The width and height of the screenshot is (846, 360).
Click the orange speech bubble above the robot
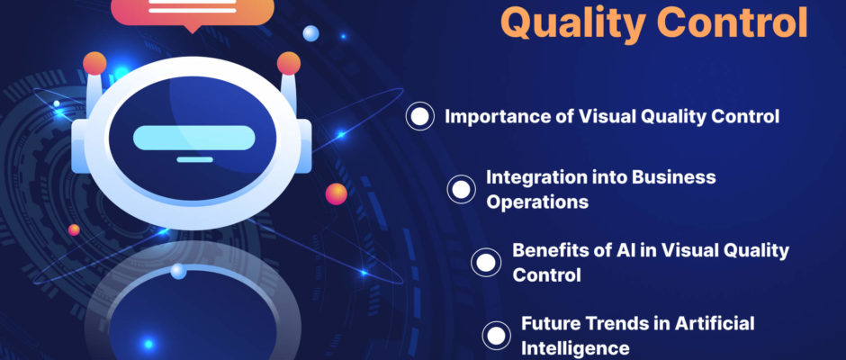click(x=192, y=12)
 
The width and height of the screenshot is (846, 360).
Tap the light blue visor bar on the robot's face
click(x=193, y=138)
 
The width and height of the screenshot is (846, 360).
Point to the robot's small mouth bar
click(x=194, y=159)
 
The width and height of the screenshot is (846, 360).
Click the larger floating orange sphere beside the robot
click(x=336, y=194)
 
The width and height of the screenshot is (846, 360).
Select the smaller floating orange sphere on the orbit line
click(x=74, y=229)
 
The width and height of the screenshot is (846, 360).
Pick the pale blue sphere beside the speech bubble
click(x=310, y=33)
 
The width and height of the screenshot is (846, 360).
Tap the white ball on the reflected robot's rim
click(x=178, y=271)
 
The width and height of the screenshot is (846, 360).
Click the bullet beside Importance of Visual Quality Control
click(x=419, y=116)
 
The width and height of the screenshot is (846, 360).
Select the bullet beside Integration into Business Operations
click(x=462, y=189)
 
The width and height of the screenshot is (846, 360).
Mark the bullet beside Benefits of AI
click(x=486, y=262)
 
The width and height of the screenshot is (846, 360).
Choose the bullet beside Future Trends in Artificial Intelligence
click(x=497, y=336)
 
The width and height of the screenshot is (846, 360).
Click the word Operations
click(x=537, y=202)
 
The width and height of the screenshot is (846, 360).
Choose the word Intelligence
click(x=575, y=348)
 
